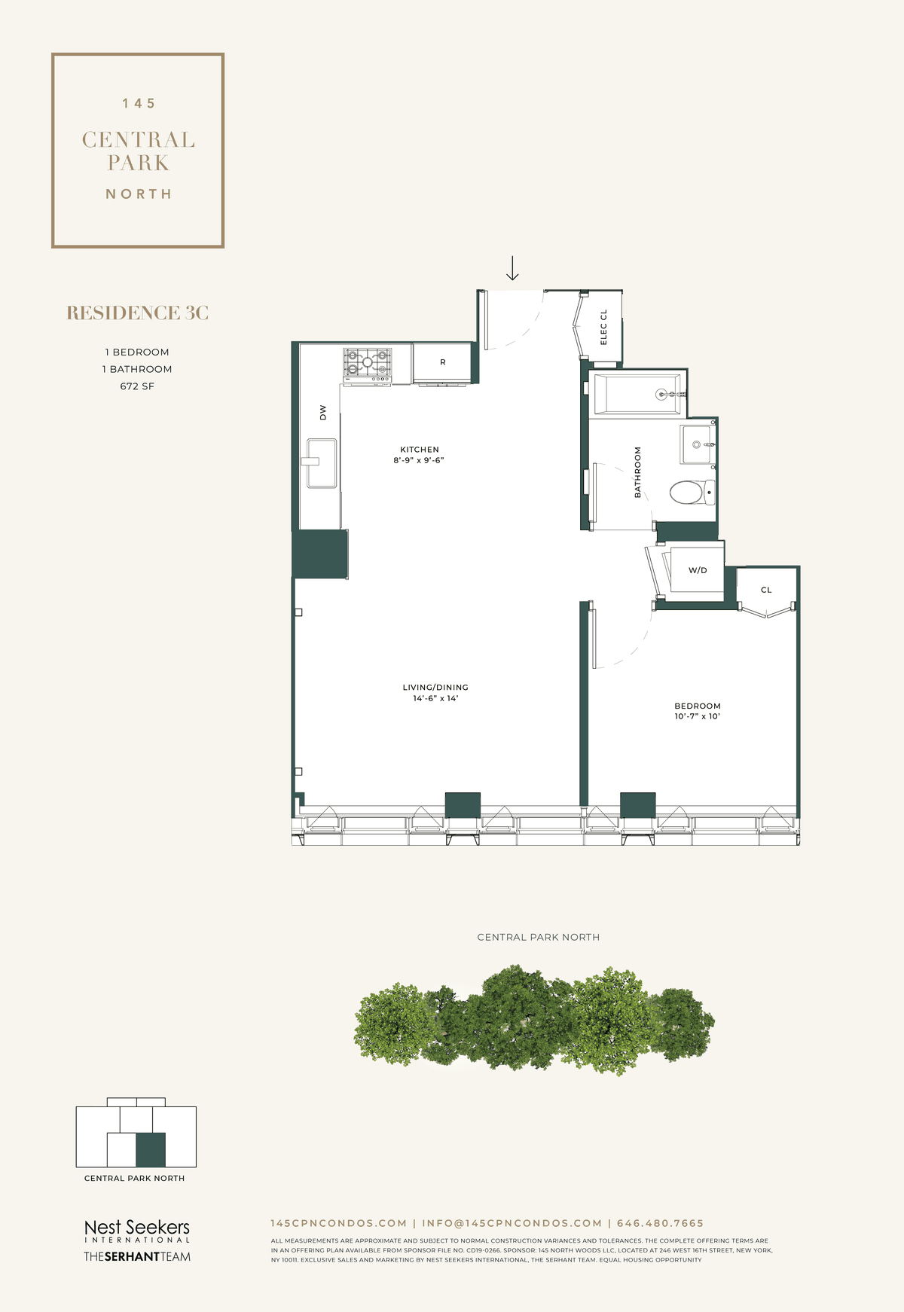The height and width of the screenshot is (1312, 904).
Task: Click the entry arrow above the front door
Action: point(512,268)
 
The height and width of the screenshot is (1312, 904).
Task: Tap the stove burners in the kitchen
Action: point(368,362)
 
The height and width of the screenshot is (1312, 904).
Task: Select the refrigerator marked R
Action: point(442,363)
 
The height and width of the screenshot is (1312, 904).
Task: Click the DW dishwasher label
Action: point(323,413)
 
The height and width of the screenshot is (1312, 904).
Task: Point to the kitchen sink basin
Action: point(322,463)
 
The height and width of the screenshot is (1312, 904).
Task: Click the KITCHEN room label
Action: point(420,450)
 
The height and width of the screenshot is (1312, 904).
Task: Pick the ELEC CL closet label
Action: point(603,327)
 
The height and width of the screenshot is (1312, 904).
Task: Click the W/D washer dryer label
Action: point(698,571)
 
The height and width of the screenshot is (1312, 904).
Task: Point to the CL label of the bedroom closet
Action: point(766,590)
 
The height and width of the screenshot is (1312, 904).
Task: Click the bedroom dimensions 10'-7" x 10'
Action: point(698,716)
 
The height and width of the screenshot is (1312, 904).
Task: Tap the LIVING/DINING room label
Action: point(435,688)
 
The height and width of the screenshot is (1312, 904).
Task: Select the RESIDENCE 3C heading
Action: point(138,313)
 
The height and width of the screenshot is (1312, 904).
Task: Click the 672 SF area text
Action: point(137,386)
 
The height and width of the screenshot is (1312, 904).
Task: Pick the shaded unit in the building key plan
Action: point(151,1150)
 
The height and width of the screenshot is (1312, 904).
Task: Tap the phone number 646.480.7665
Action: point(660,1224)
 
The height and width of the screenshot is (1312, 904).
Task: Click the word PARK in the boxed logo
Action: point(139,163)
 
